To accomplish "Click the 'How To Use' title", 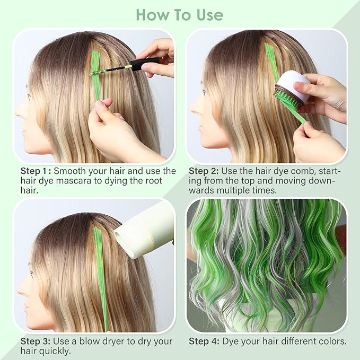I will (x=180, y=14).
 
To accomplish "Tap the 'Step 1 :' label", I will (x=36, y=171).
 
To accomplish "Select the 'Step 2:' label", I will (x=206, y=171).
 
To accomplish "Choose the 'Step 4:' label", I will (x=205, y=341).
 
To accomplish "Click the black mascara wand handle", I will (x=144, y=64).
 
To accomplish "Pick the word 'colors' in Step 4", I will (x=332, y=341).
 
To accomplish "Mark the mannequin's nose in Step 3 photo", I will (x=20, y=289).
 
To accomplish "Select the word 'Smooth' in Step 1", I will (x=71, y=171).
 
